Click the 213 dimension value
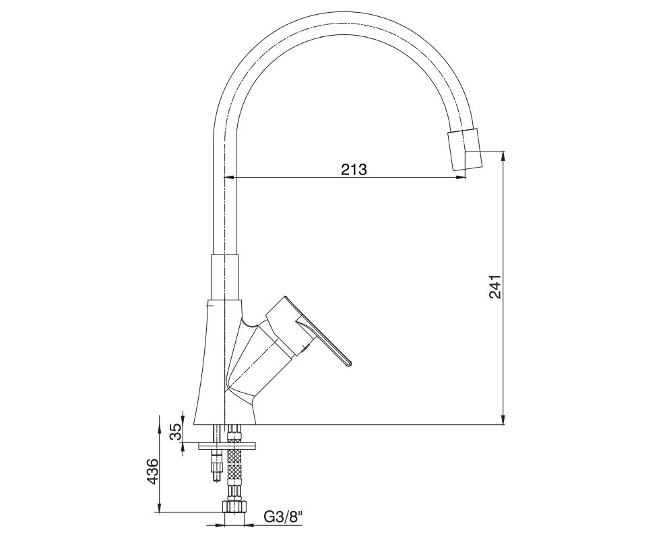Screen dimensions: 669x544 pos(354,169)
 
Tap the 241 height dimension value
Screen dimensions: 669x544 pos(495,287)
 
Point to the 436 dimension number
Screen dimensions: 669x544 pos(152,471)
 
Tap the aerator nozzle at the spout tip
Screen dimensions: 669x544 pos(465,150)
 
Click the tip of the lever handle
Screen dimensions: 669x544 pos(350,364)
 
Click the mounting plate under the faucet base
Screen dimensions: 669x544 pos(228,446)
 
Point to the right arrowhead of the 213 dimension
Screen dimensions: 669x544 pos(461,177)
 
